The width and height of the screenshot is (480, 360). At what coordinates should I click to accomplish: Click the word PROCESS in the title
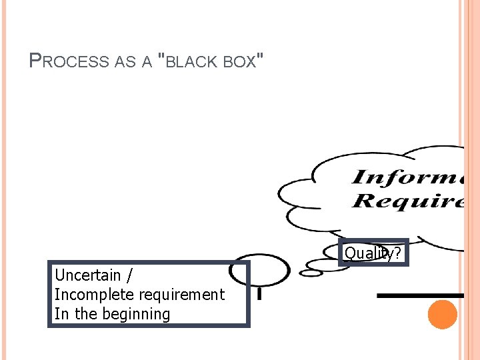coord(69,61)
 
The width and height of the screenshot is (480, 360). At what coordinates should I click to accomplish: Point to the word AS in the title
coord(124,62)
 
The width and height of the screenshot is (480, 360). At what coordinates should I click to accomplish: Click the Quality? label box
coord(373,253)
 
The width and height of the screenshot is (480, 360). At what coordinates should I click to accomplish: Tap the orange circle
coord(443,315)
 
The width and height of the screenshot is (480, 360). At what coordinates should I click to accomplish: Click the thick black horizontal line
coord(420,295)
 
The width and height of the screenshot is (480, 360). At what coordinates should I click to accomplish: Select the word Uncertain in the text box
coord(87,275)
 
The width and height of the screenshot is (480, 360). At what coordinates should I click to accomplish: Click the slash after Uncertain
coord(129,275)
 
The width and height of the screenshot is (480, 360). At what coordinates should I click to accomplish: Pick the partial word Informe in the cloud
coord(407,178)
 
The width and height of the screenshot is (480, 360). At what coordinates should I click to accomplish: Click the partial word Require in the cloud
coord(407,201)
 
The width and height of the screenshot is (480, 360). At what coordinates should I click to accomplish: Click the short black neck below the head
coord(259,293)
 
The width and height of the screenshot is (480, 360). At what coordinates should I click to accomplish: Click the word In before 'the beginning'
coord(61,314)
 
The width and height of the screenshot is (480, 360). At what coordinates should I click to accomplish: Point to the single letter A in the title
coord(147,62)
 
